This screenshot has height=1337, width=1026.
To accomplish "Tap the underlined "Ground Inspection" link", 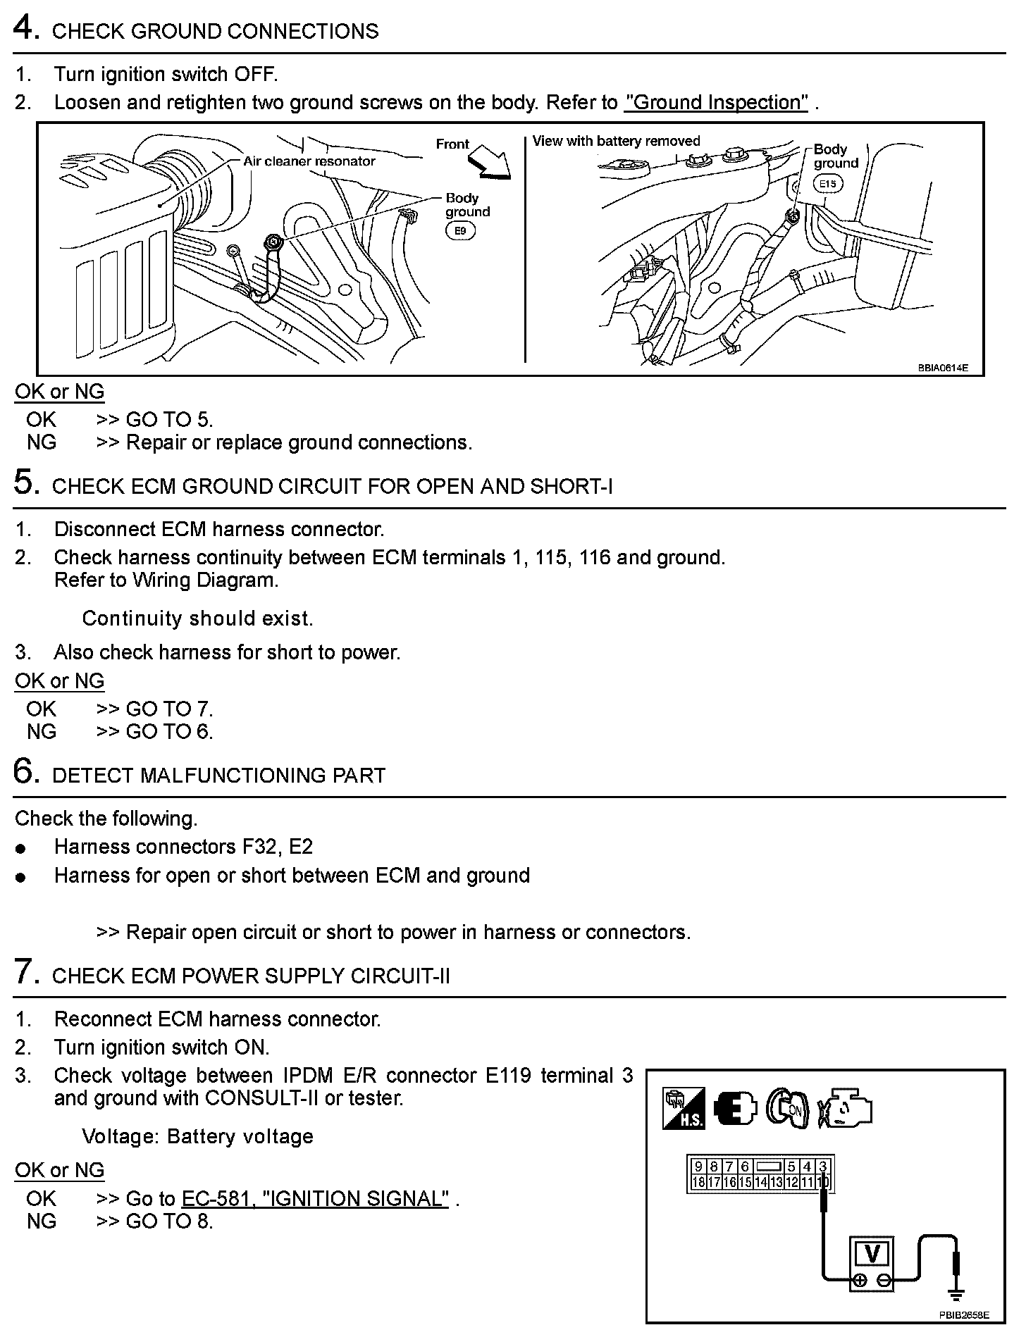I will point(716,103).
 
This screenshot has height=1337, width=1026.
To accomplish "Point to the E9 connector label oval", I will point(460,230).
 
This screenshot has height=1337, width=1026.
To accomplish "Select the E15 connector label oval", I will point(827,185).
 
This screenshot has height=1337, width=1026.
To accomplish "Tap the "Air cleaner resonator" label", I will point(309,161).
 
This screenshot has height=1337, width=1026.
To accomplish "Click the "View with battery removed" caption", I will point(616,141).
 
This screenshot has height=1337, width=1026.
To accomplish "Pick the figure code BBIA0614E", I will point(942,368).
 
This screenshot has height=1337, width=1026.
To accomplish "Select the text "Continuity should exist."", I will point(197,618).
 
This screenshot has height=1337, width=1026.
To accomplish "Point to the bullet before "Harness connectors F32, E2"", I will point(21,849).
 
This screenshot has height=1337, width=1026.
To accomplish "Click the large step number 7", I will point(24,973).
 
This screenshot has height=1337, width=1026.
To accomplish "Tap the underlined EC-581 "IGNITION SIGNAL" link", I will point(315,1199).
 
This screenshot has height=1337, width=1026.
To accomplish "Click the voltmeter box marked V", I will point(872,1255).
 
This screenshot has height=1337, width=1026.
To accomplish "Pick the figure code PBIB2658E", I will point(963,1314).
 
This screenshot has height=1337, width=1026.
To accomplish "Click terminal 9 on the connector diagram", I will point(698,1167).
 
